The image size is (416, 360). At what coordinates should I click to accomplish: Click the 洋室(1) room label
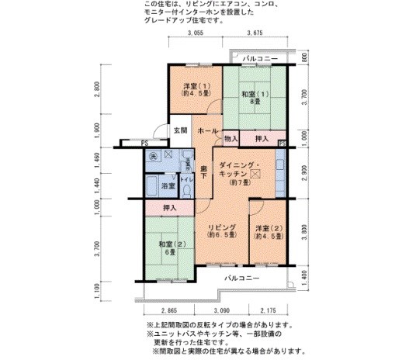pos(196,88)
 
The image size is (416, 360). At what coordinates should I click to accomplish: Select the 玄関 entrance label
pos(179,130)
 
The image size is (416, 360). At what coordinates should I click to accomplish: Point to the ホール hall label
pos(208,132)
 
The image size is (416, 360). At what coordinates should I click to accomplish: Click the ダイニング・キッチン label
pos(243,171)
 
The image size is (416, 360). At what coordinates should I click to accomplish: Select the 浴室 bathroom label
pos(168,187)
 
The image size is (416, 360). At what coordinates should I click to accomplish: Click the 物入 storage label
pos(230,139)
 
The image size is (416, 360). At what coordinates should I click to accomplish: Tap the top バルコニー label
pos(257,58)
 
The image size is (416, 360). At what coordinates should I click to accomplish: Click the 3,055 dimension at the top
pos(196,33)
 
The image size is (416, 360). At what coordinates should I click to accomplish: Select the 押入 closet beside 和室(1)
pos(261,139)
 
